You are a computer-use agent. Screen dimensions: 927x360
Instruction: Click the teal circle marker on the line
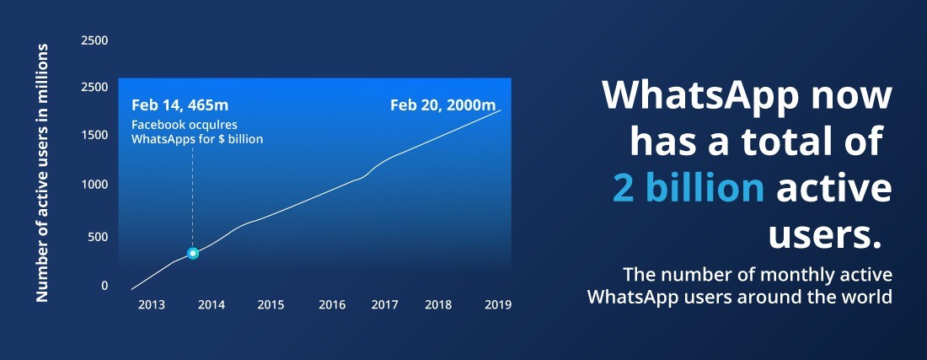tap(192, 254)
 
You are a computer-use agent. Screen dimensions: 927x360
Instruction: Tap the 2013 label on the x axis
tap(152, 305)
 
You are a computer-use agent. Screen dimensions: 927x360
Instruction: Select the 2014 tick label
tap(211, 305)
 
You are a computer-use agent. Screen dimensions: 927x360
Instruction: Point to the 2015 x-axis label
tap(271, 305)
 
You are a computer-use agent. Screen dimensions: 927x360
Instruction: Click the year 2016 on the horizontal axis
tap(332, 305)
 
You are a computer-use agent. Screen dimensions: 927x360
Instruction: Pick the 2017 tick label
tap(384, 305)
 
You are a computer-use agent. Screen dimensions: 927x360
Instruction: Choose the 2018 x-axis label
tap(439, 305)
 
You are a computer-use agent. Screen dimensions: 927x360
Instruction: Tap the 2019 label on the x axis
tap(498, 305)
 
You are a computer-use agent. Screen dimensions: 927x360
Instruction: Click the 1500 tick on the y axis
tap(94, 135)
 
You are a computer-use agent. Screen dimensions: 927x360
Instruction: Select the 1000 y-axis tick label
tap(94, 185)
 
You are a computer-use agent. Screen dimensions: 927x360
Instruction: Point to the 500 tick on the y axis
tap(98, 237)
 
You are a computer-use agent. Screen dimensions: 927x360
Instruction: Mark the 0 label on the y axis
tap(105, 286)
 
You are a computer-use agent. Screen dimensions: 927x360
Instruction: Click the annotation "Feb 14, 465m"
tap(180, 106)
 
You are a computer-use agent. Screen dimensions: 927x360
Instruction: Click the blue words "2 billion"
tap(689, 188)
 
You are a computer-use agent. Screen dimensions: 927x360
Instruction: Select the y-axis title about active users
tap(42, 173)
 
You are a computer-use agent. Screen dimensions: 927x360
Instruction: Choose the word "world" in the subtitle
tap(871, 296)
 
